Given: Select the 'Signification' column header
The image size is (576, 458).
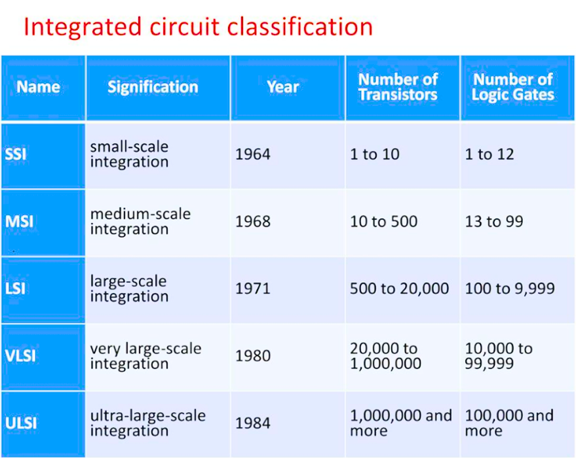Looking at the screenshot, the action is point(153,87).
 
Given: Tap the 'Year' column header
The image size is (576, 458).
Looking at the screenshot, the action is point(283,87).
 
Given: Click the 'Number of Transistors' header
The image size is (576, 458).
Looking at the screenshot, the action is point(398,87).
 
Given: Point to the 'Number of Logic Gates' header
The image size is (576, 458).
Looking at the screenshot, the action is point(513,87).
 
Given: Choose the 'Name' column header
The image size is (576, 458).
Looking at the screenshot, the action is point(38,87).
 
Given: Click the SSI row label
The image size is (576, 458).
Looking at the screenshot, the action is point(16,154).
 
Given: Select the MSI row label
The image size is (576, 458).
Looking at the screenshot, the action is point(19,222).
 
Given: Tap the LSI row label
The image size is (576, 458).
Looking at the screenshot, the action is point(15,289).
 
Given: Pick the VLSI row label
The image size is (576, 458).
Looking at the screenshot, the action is point(20,356).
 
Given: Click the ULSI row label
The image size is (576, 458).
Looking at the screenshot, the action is point(21,423).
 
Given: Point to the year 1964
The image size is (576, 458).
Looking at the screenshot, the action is point(253,154).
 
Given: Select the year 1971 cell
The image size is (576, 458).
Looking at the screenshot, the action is point(253,289).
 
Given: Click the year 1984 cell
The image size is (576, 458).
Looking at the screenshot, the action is point(253,423).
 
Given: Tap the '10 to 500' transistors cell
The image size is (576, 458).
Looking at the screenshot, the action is point(384,222).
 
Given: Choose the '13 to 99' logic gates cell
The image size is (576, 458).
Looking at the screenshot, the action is point(494,222).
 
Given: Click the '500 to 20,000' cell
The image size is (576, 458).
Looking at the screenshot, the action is point(399,289).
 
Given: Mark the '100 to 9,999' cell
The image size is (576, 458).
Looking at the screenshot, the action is point(510,289).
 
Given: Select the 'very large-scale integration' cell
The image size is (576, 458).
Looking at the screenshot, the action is point(146,356).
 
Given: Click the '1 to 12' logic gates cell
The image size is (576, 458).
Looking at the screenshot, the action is point(490,154).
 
